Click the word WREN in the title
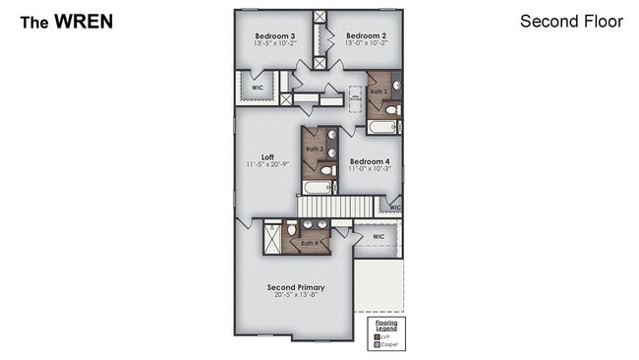(84, 21)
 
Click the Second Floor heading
(571, 21)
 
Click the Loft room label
(266, 155)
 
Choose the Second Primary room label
(296, 287)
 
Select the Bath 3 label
(314, 149)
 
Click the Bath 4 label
(308, 242)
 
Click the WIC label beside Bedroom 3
(257, 87)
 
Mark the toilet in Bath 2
(390, 110)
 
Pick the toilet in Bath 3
(327, 169)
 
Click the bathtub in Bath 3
(318, 187)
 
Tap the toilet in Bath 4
(292, 229)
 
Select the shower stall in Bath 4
(272, 237)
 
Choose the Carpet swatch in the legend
(378, 343)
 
